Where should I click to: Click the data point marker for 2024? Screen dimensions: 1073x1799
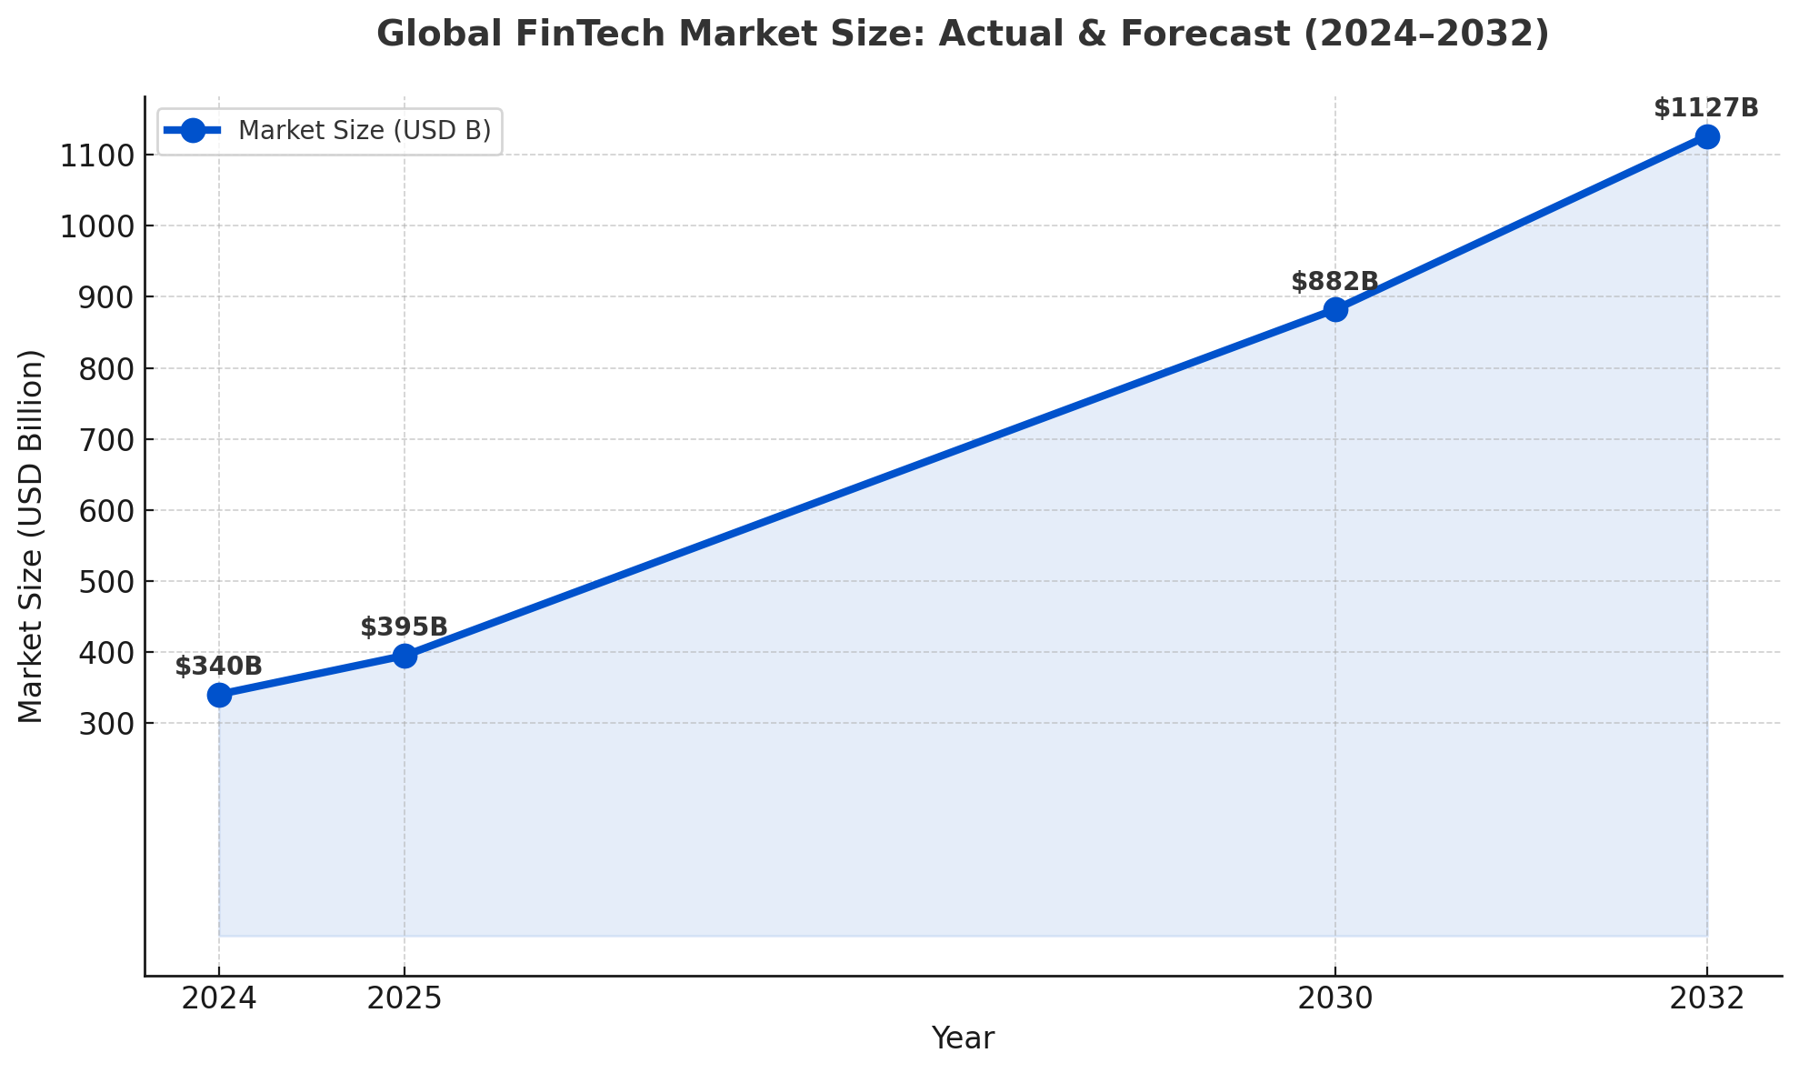(x=219, y=696)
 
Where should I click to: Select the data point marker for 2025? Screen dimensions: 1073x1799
(x=405, y=656)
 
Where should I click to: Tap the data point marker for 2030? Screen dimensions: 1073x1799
(x=1335, y=310)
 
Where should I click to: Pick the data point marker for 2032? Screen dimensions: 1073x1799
(x=1707, y=137)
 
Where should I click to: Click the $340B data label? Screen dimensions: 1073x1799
(x=218, y=667)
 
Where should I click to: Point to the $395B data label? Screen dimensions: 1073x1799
(x=404, y=627)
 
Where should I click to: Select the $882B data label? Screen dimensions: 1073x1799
(x=1334, y=282)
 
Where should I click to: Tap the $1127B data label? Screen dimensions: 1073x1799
(x=1706, y=108)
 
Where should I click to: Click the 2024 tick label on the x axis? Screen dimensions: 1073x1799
(x=219, y=999)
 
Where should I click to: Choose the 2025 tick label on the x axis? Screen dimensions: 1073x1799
(x=405, y=999)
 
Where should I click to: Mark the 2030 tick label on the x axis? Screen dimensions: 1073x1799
(x=1335, y=999)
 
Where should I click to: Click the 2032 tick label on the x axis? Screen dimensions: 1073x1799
(x=1707, y=999)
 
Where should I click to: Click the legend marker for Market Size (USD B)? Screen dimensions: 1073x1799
(x=193, y=131)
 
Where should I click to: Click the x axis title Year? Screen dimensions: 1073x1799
(x=963, y=1038)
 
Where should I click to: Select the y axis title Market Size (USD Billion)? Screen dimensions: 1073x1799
(x=32, y=536)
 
